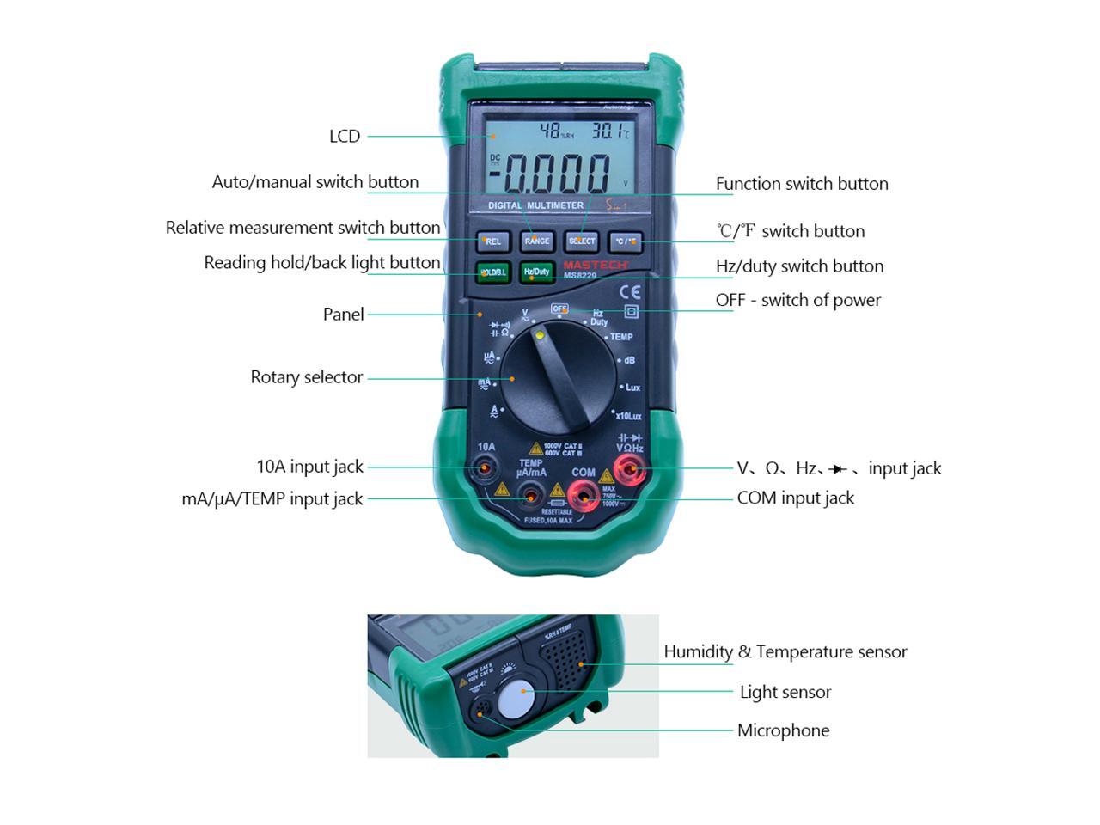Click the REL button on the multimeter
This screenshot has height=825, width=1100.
pyautogui.click(x=493, y=241)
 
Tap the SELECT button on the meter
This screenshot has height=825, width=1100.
pyautogui.click(x=581, y=241)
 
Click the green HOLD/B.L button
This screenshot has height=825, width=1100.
pyautogui.click(x=493, y=272)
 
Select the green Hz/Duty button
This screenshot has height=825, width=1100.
pyautogui.click(x=537, y=272)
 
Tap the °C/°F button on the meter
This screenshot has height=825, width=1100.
pyautogui.click(x=626, y=241)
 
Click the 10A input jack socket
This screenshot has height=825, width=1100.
pyautogui.click(x=486, y=468)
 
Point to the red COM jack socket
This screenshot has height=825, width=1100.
pyautogui.click(x=584, y=494)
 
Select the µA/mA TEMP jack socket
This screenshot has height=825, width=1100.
pyautogui.click(x=532, y=495)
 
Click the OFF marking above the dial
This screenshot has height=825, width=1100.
pyautogui.click(x=559, y=309)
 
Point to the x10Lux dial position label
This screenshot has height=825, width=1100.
pyautogui.click(x=628, y=416)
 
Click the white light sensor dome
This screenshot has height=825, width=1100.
pyautogui.click(x=515, y=699)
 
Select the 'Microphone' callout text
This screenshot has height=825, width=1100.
pyautogui.click(x=783, y=730)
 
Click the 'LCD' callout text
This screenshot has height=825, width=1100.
pyautogui.click(x=345, y=137)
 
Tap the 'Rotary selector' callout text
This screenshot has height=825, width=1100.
pyautogui.click(x=306, y=377)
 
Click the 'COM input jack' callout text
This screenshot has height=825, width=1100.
pyautogui.click(x=795, y=498)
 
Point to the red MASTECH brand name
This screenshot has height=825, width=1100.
pyautogui.click(x=596, y=265)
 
